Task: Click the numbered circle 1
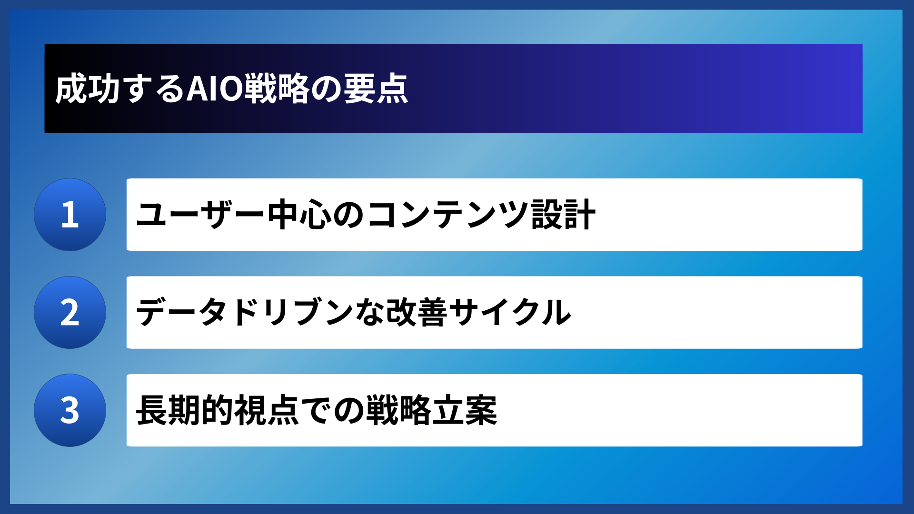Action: [70, 215]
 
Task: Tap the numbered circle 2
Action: [70, 313]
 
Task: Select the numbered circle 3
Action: [70, 410]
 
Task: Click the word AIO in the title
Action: [214, 89]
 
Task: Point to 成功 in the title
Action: [87, 89]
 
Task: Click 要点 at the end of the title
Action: [376, 89]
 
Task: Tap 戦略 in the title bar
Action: [277, 89]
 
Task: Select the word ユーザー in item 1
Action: [200, 215]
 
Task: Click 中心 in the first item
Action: [299, 215]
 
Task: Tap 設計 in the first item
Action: [563, 215]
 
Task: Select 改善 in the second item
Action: [417, 313]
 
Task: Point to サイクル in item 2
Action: [510, 313]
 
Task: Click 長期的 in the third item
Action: [185, 410]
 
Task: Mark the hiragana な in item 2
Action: [371, 313]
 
